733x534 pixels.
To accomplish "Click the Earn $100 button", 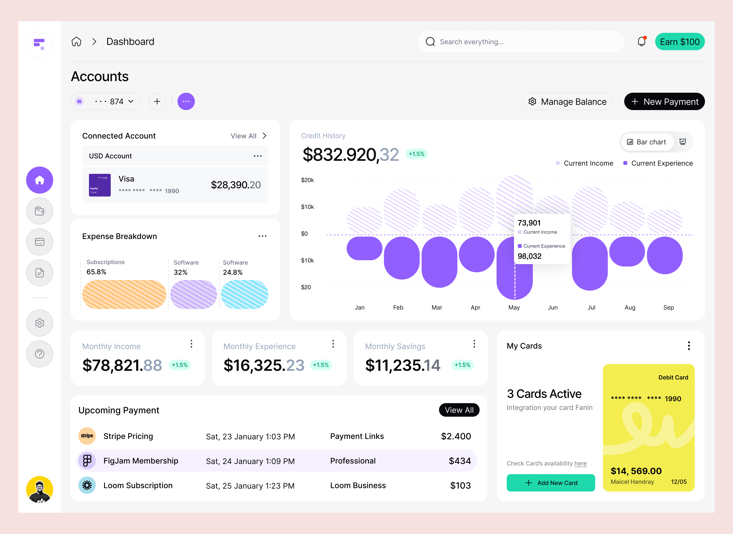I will [x=680, y=42].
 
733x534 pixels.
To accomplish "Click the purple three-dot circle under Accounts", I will [x=186, y=102].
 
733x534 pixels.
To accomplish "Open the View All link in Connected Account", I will [x=248, y=136].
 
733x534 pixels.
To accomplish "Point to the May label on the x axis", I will [x=514, y=307].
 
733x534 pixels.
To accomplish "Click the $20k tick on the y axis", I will [x=307, y=180].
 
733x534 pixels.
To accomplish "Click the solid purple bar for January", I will [x=364, y=248].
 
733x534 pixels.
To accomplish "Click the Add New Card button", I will [x=550, y=483].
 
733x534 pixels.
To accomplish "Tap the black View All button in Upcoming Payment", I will [x=459, y=410].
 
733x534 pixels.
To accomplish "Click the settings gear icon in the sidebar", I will [x=40, y=323].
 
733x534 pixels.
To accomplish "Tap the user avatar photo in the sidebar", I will [x=40, y=489].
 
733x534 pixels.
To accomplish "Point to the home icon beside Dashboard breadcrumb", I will [x=76, y=42].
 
